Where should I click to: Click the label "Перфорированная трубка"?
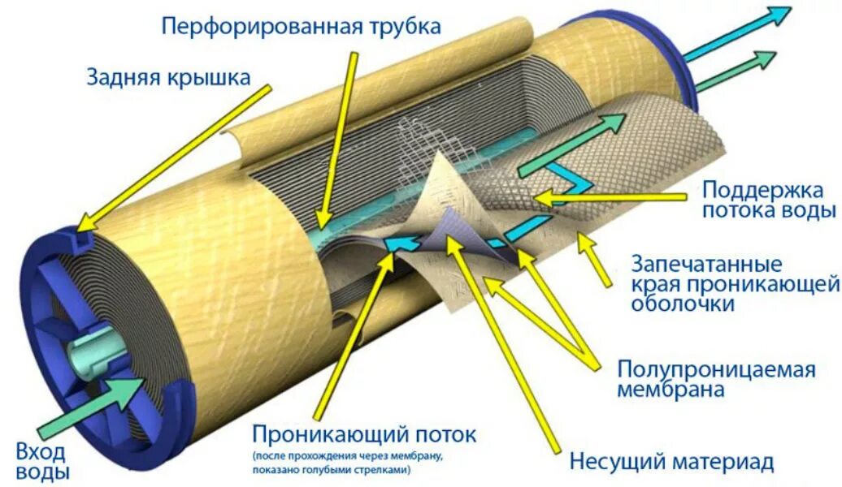click(x=302, y=26)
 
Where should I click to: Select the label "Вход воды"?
click(x=42, y=462)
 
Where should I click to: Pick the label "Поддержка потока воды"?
click(x=769, y=200)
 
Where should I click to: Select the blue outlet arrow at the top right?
click(x=736, y=33)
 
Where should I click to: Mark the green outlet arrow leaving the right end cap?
click(x=736, y=71)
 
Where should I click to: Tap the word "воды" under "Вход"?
click(x=42, y=472)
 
